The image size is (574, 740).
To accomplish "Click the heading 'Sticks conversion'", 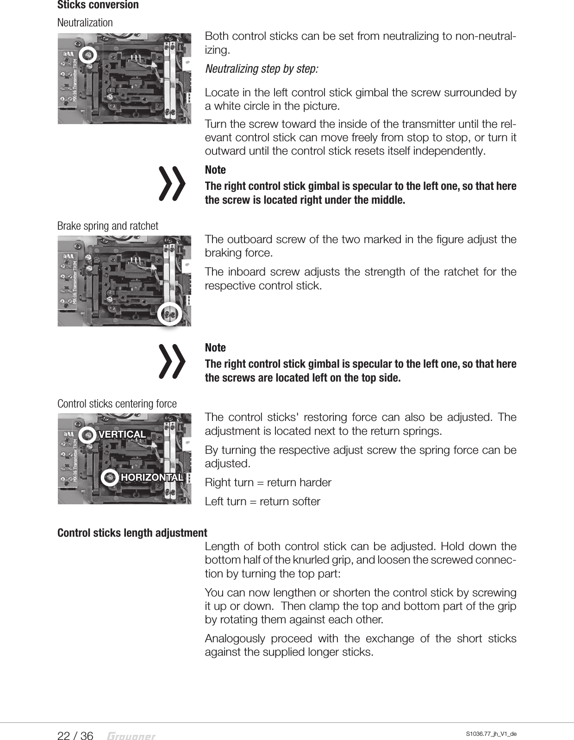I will pyautogui.click(x=98, y=5).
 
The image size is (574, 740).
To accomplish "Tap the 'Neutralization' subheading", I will pyautogui.click(x=85, y=22).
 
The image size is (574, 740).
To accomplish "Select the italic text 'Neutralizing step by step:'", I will pyautogui.click(x=262, y=69).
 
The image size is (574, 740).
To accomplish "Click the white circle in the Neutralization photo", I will pyautogui.click(x=87, y=56).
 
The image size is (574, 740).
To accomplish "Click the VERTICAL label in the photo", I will pyautogui.click(x=122, y=434).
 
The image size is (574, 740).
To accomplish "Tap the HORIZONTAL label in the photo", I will pyautogui.click(x=152, y=477).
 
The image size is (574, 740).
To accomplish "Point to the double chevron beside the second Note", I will pyautogui.click(x=172, y=361).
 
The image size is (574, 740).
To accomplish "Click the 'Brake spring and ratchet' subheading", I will pyautogui.click(x=107, y=226).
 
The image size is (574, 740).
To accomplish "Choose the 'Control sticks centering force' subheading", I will pyautogui.click(x=117, y=404).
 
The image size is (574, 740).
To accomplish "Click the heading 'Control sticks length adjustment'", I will pyautogui.click(x=132, y=533).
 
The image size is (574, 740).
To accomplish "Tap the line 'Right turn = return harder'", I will pyautogui.click(x=268, y=483).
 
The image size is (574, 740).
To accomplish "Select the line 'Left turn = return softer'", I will pyautogui.click(x=262, y=502).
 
